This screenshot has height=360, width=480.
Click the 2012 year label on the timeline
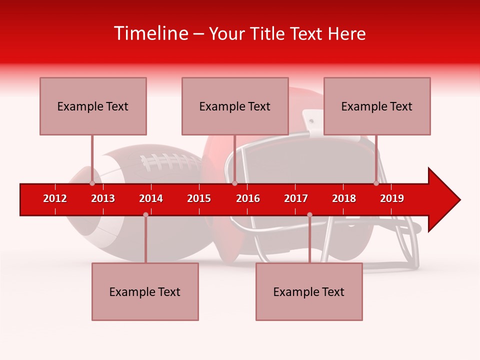pos(55,198)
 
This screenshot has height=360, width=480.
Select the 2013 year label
pos(103,198)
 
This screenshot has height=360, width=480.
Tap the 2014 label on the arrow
pos(151,198)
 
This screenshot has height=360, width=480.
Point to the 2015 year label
pos(199,198)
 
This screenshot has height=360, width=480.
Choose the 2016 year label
pos(248,198)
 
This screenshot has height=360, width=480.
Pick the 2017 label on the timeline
pos(296,198)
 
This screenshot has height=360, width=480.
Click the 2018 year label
pos(344,198)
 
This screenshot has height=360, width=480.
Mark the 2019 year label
pos(392,198)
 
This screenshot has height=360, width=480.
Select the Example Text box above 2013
pos(93,106)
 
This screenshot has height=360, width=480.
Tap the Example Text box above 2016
pos(235,106)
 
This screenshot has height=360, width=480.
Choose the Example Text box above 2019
pos(377,106)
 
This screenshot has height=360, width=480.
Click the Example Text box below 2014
pos(145,291)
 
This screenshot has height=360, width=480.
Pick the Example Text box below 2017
pos(309,291)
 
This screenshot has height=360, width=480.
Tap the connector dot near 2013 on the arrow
pos(92,183)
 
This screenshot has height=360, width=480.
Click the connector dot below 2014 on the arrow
pos(145,214)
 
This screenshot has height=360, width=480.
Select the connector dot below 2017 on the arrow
pos(309,215)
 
